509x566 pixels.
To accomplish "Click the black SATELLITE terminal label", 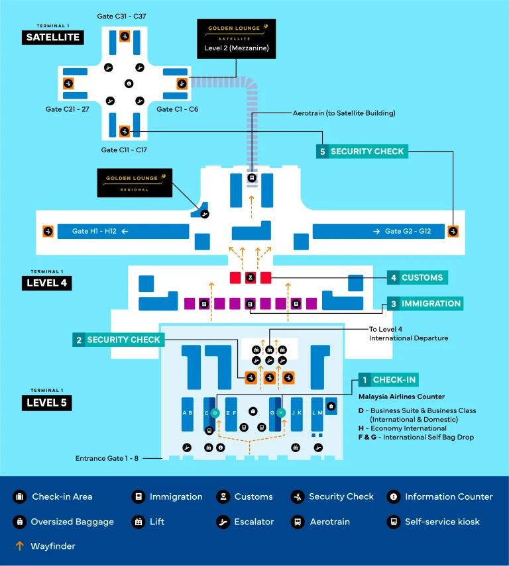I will click(x=52, y=38).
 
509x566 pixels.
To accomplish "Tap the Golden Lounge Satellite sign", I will click(x=236, y=39).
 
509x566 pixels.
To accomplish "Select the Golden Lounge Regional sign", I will click(x=135, y=183).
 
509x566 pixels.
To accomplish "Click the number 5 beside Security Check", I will click(x=322, y=152).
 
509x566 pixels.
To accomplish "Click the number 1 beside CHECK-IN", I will click(x=364, y=380).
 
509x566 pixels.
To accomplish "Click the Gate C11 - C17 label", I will click(x=124, y=150).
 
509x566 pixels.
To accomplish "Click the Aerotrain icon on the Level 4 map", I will click(x=251, y=178).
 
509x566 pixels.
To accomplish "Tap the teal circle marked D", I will click(x=215, y=412).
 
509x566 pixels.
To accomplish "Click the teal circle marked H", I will click(x=280, y=412).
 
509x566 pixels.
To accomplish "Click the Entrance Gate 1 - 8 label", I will click(x=117, y=457).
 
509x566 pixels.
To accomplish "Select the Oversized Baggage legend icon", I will click(x=19, y=522).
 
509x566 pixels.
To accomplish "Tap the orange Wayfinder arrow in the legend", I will click(x=19, y=547).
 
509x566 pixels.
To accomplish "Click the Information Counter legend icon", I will click(x=393, y=496).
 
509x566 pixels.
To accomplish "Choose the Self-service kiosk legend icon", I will click(x=393, y=522).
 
